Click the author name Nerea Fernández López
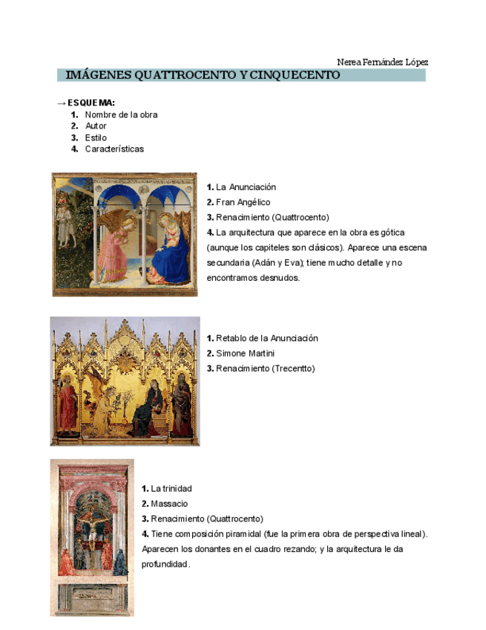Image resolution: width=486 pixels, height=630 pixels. coord(382,62)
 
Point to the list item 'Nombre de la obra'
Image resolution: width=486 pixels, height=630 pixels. coord(121,115)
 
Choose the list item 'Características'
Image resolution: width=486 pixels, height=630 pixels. coord(114,149)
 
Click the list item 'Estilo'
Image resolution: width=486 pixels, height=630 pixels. coord(96,137)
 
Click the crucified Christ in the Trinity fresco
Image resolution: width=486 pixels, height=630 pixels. coord(93,539)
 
